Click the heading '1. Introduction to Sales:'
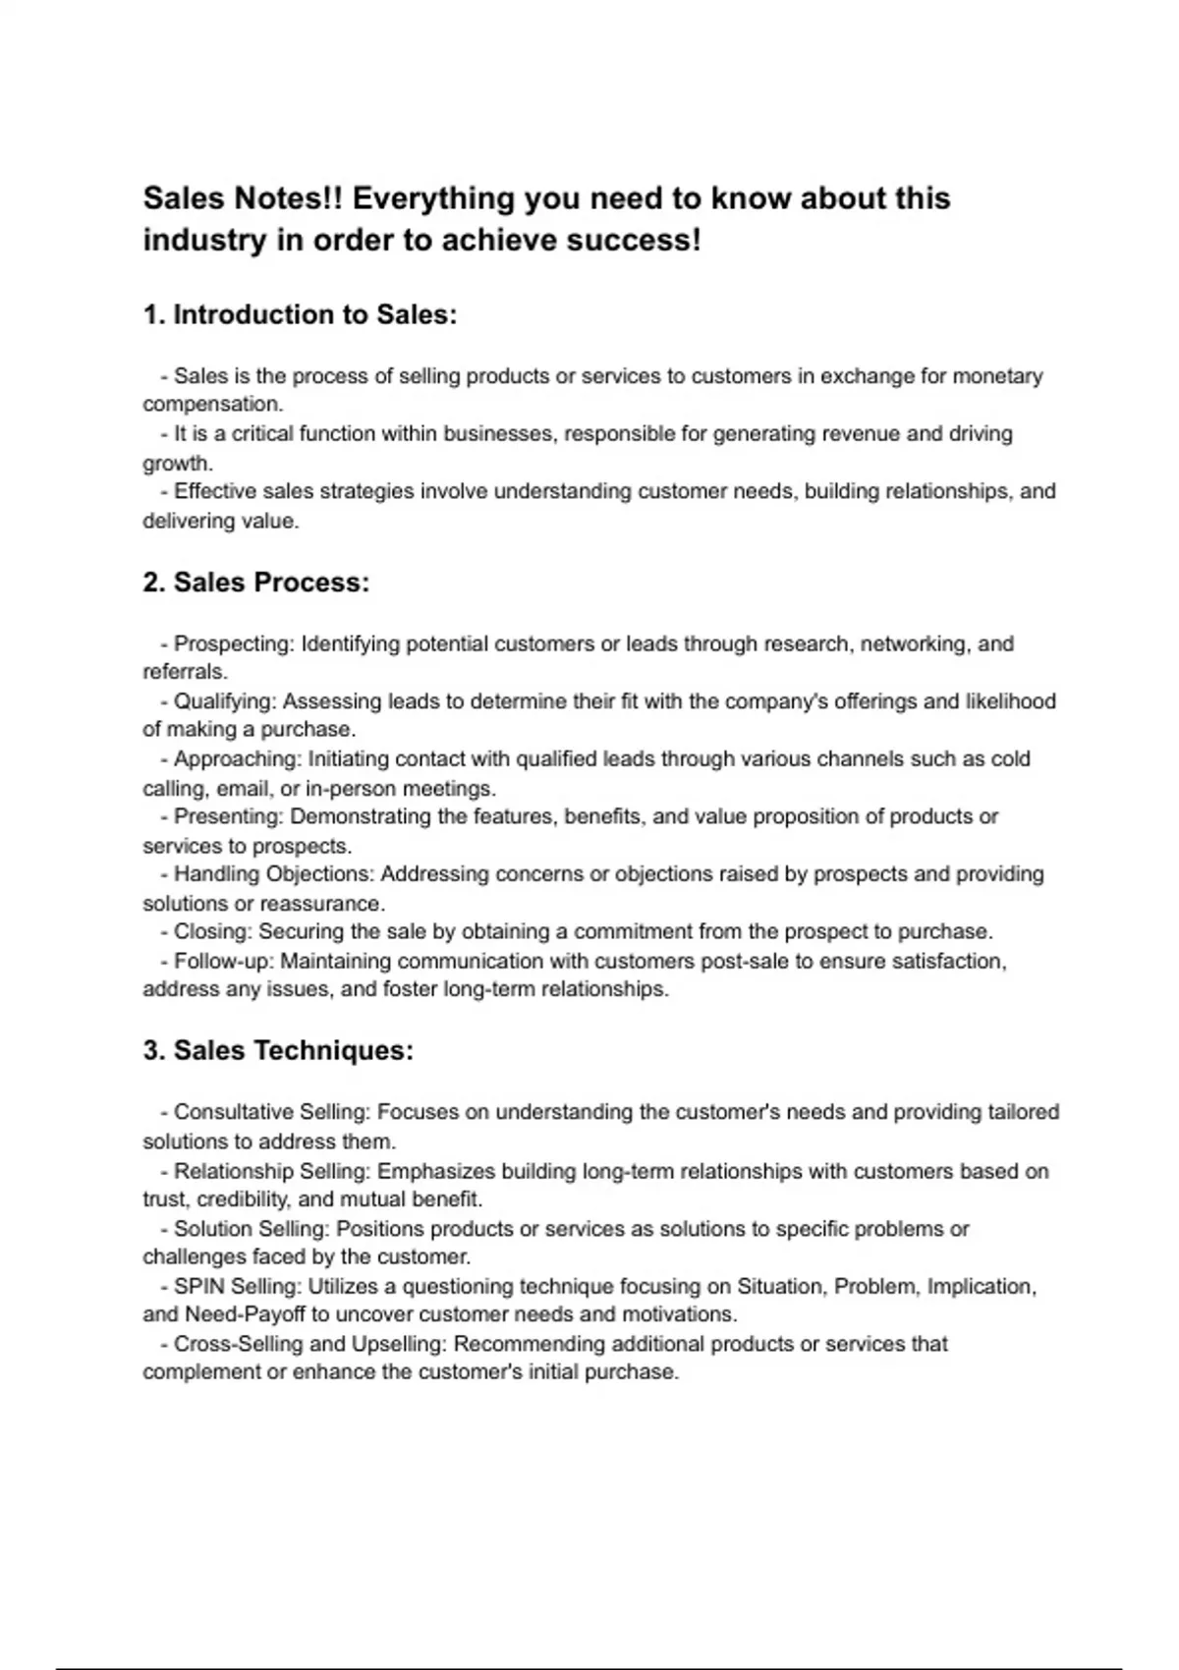(300, 315)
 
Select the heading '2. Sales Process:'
(255, 583)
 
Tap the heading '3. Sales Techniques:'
(278, 1051)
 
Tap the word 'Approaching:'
(238, 759)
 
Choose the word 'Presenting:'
(229, 816)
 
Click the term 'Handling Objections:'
(274, 874)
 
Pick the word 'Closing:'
(213, 931)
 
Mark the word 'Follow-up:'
(224, 961)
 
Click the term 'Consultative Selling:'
(272, 1113)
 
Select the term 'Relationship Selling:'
(272, 1171)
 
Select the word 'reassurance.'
(322, 904)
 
